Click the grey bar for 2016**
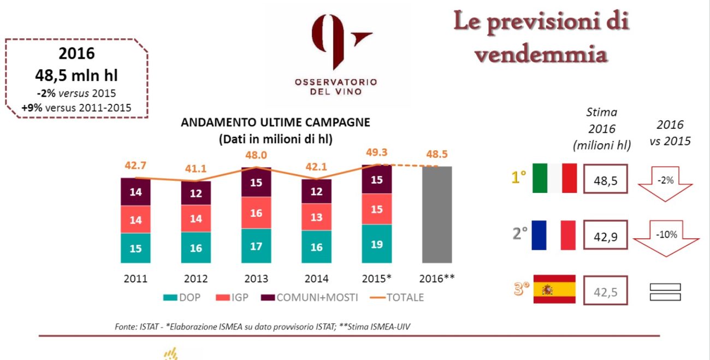pyautogui.click(x=436, y=215)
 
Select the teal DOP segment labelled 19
pyautogui.click(x=377, y=244)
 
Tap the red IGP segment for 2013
pyautogui.click(x=256, y=214)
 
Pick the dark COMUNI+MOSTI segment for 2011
pyautogui.click(x=135, y=192)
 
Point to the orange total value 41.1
pyautogui.click(x=196, y=169)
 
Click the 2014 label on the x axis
pyautogui.click(x=316, y=279)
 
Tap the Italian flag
pyautogui.click(x=554, y=178)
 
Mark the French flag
pyautogui.click(x=554, y=235)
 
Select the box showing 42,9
pyautogui.click(x=606, y=235)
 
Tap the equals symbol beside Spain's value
pyautogui.click(x=665, y=292)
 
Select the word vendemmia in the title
pyautogui.click(x=540, y=55)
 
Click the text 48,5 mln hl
pyautogui.click(x=76, y=74)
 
